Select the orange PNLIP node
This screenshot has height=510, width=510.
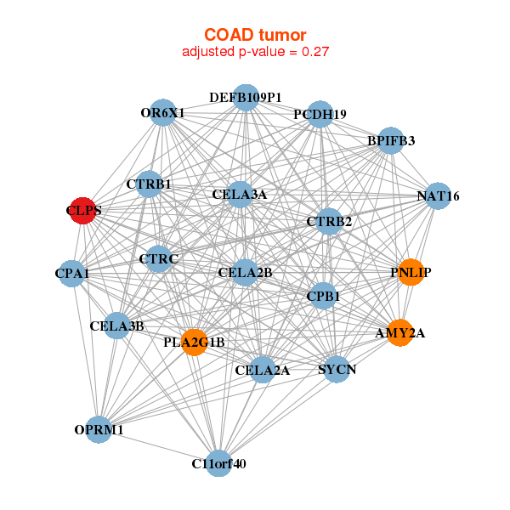(x=411, y=272)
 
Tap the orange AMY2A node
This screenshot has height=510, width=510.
(x=399, y=334)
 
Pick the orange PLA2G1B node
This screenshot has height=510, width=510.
(x=195, y=343)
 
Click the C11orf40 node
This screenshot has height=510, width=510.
(x=219, y=463)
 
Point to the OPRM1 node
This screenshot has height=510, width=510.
(x=99, y=430)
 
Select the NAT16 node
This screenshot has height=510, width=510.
(x=437, y=196)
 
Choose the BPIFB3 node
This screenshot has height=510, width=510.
(x=390, y=140)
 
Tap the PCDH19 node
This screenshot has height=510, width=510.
(x=320, y=114)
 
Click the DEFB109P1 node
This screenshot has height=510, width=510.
(x=246, y=98)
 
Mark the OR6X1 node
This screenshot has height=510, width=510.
(x=163, y=112)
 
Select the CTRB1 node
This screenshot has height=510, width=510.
(x=149, y=184)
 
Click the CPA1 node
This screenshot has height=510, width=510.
(x=72, y=274)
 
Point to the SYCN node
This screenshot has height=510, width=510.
(x=337, y=370)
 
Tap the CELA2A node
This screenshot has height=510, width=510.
(x=263, y=370)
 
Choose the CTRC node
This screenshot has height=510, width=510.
(x=157, y=258)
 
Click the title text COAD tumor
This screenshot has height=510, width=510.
(x=255, y=35)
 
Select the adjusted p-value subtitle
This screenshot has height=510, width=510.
(x=255, y=52)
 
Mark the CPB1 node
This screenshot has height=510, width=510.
(x=323, y=296)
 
